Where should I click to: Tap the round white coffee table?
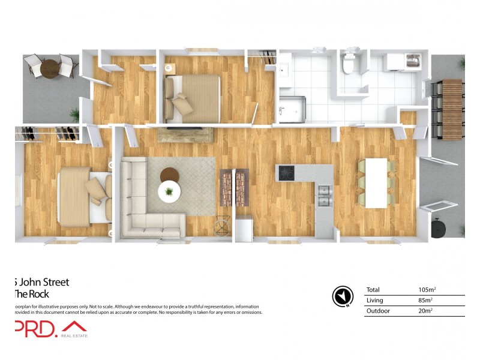tap(170, 192)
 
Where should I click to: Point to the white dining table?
tap(376, 183)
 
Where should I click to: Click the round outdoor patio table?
tap(51, 68)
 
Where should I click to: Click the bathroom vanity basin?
tap(283, 70)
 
